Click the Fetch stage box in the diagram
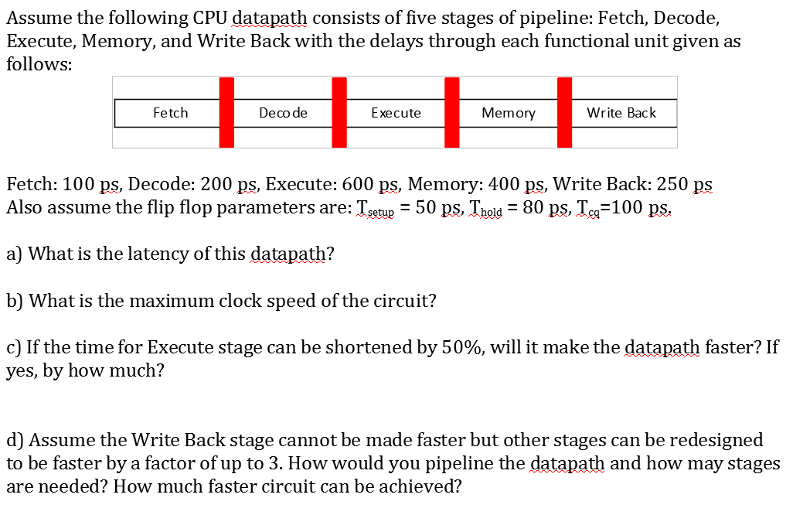coord(170,113)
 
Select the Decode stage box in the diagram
coord(283,113)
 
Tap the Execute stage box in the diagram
coord(396,113)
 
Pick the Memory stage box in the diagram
coord(508,113)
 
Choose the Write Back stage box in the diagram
coord(621,113)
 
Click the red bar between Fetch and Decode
coord(226,112)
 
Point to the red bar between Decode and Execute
coord(339,112)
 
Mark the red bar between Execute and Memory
coord(452,112)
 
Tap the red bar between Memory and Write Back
coord(564,112)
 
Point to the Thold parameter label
coord(485,210)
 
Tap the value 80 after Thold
coord(533,208)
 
